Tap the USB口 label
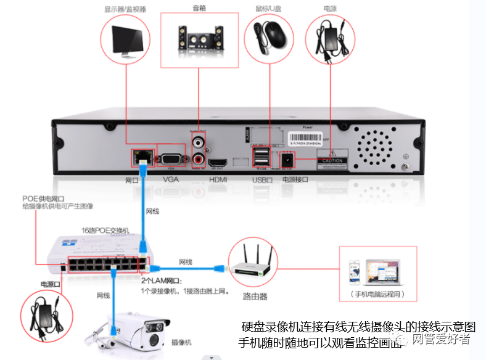(x=262, y=179)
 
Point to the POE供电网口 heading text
(x=44, y=198)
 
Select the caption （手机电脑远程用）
(x=377, y=295)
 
